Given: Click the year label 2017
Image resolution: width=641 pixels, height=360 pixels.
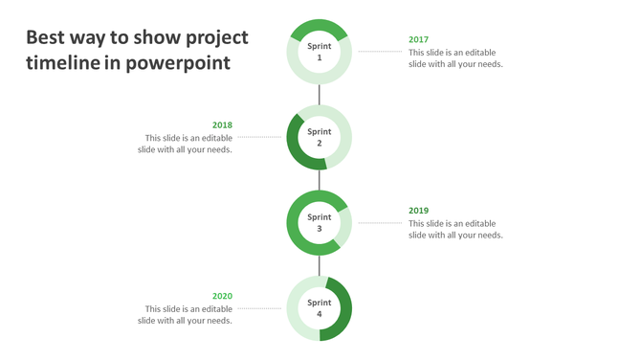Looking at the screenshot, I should coord(418,40).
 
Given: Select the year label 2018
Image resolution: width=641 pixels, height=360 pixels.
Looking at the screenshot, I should coord(222,125).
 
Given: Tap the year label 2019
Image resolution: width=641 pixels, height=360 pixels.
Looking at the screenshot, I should coord(418,211).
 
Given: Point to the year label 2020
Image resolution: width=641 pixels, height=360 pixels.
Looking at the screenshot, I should coord(222,296).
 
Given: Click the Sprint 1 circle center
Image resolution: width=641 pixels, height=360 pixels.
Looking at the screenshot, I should coord(320,52).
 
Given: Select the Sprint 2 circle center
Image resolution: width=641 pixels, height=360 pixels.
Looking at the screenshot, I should coord(320,138).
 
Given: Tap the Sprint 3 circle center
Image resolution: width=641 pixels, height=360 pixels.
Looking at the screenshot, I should coord(320,223).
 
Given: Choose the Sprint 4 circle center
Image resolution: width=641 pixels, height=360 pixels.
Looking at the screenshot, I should coord(320,308).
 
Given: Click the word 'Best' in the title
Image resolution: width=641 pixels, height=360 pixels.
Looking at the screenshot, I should coord(46,38).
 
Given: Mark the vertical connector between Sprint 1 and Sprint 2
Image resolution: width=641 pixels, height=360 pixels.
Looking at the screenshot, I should coord(320,95).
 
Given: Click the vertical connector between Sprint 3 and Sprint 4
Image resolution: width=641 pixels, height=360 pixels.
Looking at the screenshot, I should coord(320,265).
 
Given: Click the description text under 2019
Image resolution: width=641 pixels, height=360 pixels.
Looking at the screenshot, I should coord(454,229).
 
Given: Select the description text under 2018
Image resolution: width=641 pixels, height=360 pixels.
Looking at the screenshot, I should coord(185,144).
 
